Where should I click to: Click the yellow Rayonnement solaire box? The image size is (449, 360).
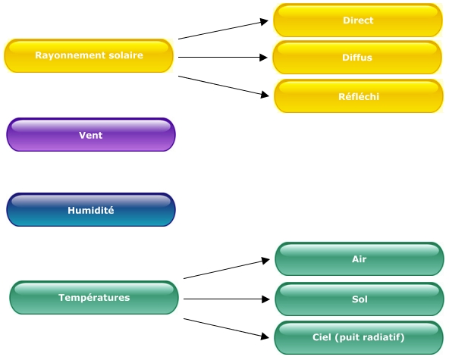pos(89,55)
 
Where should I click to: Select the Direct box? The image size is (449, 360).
pos(358,20)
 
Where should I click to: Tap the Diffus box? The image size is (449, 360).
pos(357,58)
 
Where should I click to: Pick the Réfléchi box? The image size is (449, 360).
pos(359,96)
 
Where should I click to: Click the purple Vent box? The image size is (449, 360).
pos(91,134)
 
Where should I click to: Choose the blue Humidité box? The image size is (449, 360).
pos(91,210)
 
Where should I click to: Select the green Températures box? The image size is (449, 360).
pos(94,298)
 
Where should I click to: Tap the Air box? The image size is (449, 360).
pos(360,259)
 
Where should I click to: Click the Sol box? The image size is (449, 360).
pos(360,299)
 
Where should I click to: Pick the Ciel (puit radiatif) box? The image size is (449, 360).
pos(359,338)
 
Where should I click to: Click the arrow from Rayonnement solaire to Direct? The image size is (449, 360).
pos(223,30)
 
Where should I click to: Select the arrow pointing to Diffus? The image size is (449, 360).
pos(223,58)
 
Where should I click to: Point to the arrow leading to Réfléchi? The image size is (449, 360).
pos(224,86)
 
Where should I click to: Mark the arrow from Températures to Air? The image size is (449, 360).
pos(227,269)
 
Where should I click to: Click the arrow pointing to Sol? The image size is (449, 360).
pos(227,299)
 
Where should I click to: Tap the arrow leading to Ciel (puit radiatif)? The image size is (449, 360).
pos(226,328)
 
